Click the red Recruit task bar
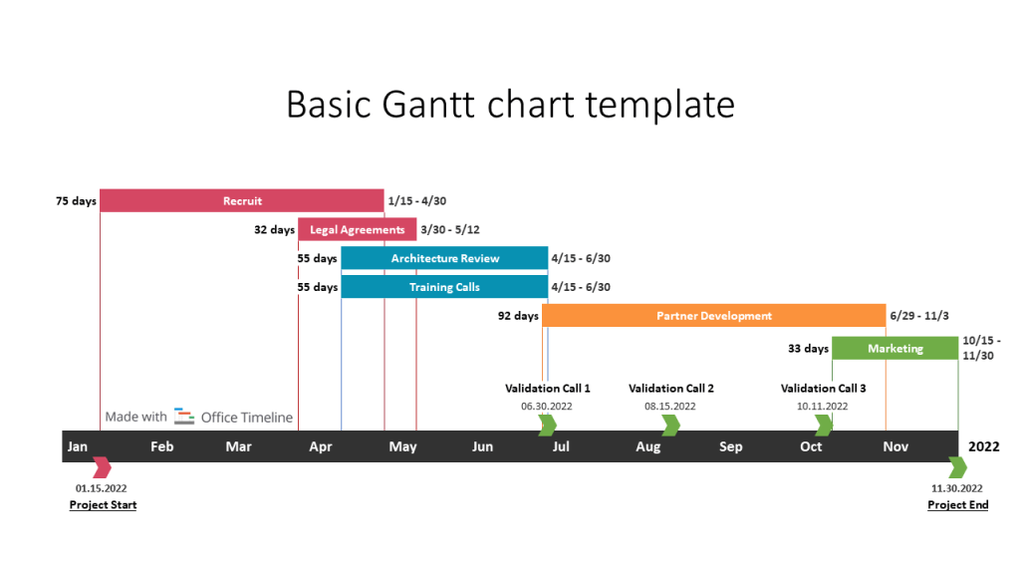click(x=242, y=201)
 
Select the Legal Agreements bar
click(x=357, y=230)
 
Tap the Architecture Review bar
click(x=444, y=258)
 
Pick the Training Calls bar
click(x=444, y=287)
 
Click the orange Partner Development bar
click(x=713, y=316)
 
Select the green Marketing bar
click(x=894, y=349)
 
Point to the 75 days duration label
click(x=76, y=201)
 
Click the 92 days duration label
click(x=518, y=316)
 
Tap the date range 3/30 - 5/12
click(x=450, y=230)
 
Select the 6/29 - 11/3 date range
click(x=919, y=316)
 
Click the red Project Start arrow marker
click(x=102, y=467)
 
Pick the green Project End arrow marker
click(x=957, y=467)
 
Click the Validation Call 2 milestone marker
click(x=670, y=426)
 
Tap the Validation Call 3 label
click(x=823, y=389)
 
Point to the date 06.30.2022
click(x=547, y=407)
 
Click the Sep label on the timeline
click(x=730, y=446)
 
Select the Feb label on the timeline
click(x=161, y=446)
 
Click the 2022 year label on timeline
click(x=984, y=446)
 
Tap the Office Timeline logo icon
click(x=184, y=417)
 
